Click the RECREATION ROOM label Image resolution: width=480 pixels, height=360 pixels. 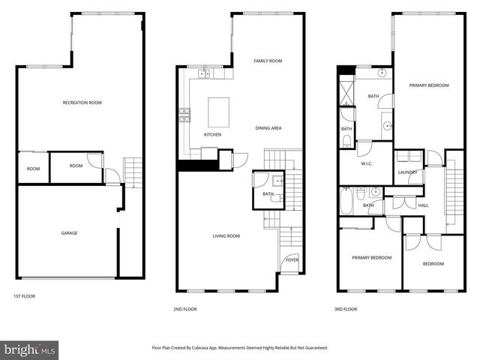pos(82,102)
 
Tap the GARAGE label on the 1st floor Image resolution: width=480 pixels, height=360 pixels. pos(69,232)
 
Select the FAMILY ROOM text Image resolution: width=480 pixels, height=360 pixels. pos(268,61)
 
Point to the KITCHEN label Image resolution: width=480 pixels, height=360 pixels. pos(212,134)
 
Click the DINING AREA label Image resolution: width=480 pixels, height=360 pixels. pos(268,128)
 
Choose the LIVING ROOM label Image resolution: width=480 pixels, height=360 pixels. pos(226,235)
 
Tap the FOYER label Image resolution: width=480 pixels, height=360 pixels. pos(291,261)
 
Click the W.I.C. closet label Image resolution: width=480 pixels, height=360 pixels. pos(367,164)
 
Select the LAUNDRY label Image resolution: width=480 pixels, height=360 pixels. pos(408,172)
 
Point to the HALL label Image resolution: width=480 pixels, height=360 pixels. pos(423,205)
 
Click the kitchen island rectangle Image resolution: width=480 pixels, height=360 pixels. pos(219,110)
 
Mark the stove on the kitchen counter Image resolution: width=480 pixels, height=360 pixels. pos(184,115)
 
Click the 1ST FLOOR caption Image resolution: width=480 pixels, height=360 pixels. pos(24,296)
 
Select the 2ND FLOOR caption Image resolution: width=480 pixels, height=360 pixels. pos(185,308)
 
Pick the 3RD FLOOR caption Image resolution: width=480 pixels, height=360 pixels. pos(346,308)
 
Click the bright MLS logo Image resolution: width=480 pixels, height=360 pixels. pos(30,350)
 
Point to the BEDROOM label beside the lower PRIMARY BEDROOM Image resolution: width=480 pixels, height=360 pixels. pos(433,263)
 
